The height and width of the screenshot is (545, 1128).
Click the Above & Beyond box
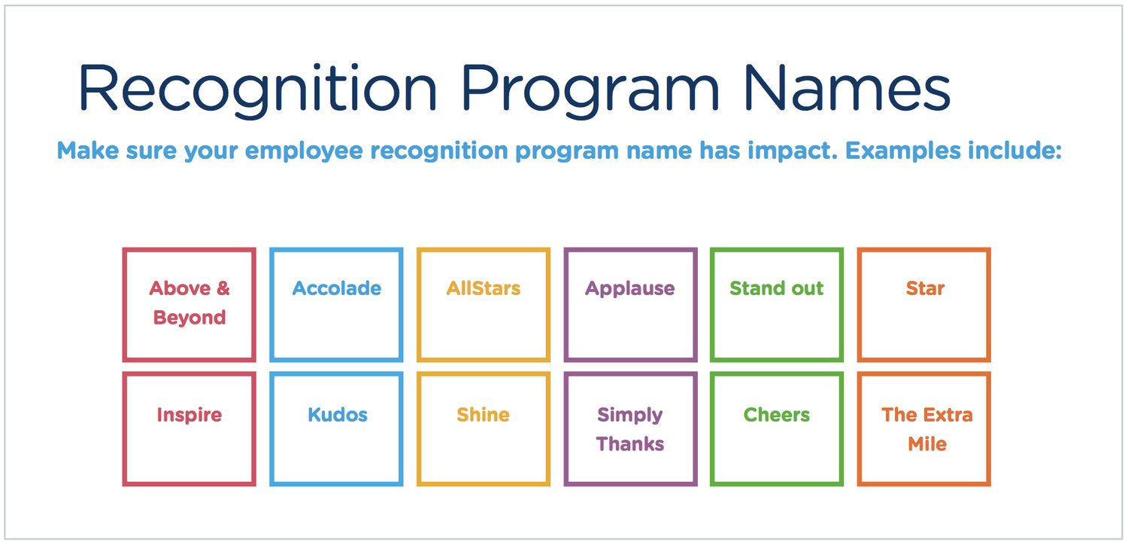pos(189,305)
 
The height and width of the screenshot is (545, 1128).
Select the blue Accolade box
pos(336,305)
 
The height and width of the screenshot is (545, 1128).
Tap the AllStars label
pos(484,288)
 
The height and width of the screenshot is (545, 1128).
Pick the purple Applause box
pos(630,305)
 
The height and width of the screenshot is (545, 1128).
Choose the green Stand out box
pos(777,305)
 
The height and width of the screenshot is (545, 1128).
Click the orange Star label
pos(925,288)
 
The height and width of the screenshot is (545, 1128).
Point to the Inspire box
pos(189,429)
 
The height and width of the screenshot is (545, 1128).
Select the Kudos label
pos(338,415)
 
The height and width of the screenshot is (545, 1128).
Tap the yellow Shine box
pos(484,429)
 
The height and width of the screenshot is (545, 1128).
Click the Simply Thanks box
pos(630,429)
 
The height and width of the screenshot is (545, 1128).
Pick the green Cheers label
pos(777,415)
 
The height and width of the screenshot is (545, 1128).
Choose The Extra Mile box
pos(924,429)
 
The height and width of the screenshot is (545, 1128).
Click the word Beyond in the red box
pos(190,318)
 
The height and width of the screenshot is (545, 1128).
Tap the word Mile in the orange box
pos(926,444)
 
